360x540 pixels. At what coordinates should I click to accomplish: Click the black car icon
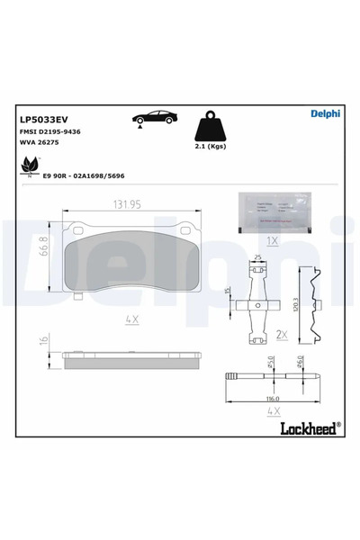(154, 118)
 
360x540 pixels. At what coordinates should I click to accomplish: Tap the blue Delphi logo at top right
(325, 113)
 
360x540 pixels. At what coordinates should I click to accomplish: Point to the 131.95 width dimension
(127, 204)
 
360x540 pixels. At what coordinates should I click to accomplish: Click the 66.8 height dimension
(42, 248)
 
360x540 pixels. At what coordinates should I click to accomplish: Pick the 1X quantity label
(273, 241)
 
